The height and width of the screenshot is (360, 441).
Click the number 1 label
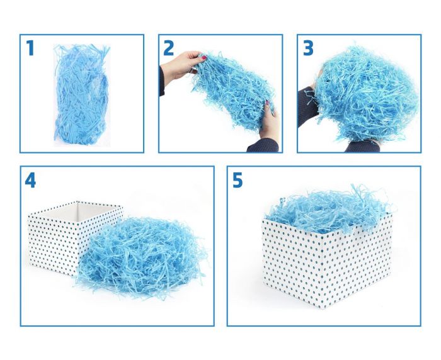pos(30,48)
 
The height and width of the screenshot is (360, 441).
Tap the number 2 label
pos(168,48)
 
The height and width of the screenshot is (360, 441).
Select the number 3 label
pos(307,48)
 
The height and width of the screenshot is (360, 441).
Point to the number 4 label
pos(30,181)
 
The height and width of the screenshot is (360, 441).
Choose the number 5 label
pos(237,181)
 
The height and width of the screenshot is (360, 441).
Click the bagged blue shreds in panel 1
pos(81,94)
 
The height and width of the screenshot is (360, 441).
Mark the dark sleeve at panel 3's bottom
pos(362,147)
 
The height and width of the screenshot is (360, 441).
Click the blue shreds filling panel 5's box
pos(328,208)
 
